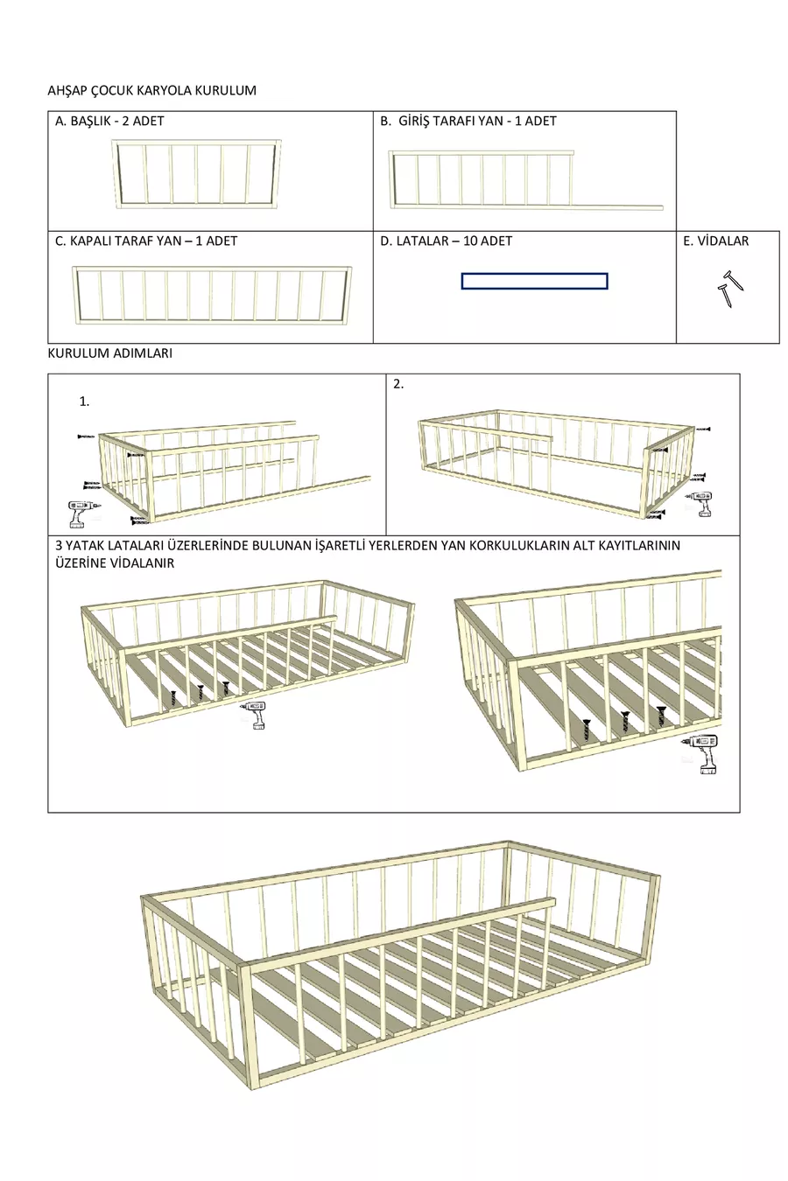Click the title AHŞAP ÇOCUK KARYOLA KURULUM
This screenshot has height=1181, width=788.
tap(151, 90)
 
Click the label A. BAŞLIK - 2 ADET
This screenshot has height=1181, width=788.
tap(109, 121)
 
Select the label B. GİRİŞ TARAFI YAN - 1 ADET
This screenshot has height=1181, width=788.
tap(468, 121)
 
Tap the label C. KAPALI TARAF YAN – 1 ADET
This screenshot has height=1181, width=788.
tap(146, 241)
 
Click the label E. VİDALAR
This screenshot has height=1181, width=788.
tap(715, 241)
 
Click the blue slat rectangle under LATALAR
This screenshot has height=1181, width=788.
tap(534, 281)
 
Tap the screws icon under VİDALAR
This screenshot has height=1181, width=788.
tap(729, 290)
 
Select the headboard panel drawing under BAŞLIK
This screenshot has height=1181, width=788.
tap(196, 174)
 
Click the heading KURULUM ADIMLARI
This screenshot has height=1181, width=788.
tap(109, 353)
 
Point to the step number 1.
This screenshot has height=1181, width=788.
tap(84, 402)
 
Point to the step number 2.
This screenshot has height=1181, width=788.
tap(398, 384)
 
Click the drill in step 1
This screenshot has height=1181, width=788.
tap(81, 511)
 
